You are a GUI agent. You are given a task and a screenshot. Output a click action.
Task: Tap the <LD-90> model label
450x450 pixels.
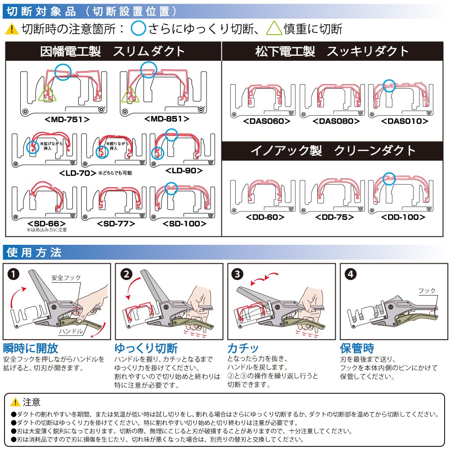(x=184, y=171)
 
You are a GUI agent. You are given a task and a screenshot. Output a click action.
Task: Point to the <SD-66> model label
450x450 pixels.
(x=47, y=223)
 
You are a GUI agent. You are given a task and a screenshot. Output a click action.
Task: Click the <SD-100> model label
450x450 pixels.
(x=185, y=223)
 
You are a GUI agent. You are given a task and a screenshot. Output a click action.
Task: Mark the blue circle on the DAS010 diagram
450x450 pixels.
(x=389, y=84)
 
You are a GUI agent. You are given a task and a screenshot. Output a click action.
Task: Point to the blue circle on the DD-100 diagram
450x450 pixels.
(x=389, y=178)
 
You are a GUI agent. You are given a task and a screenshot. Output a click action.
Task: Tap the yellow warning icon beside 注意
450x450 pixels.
(x=15, y=402)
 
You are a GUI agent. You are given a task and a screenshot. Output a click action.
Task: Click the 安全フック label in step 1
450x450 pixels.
(x=66, y=278)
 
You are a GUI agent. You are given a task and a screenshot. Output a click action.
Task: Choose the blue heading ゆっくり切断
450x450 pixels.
(x=146, y=348)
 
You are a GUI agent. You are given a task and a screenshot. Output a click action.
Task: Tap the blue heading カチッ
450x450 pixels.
(x=243, y=348)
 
